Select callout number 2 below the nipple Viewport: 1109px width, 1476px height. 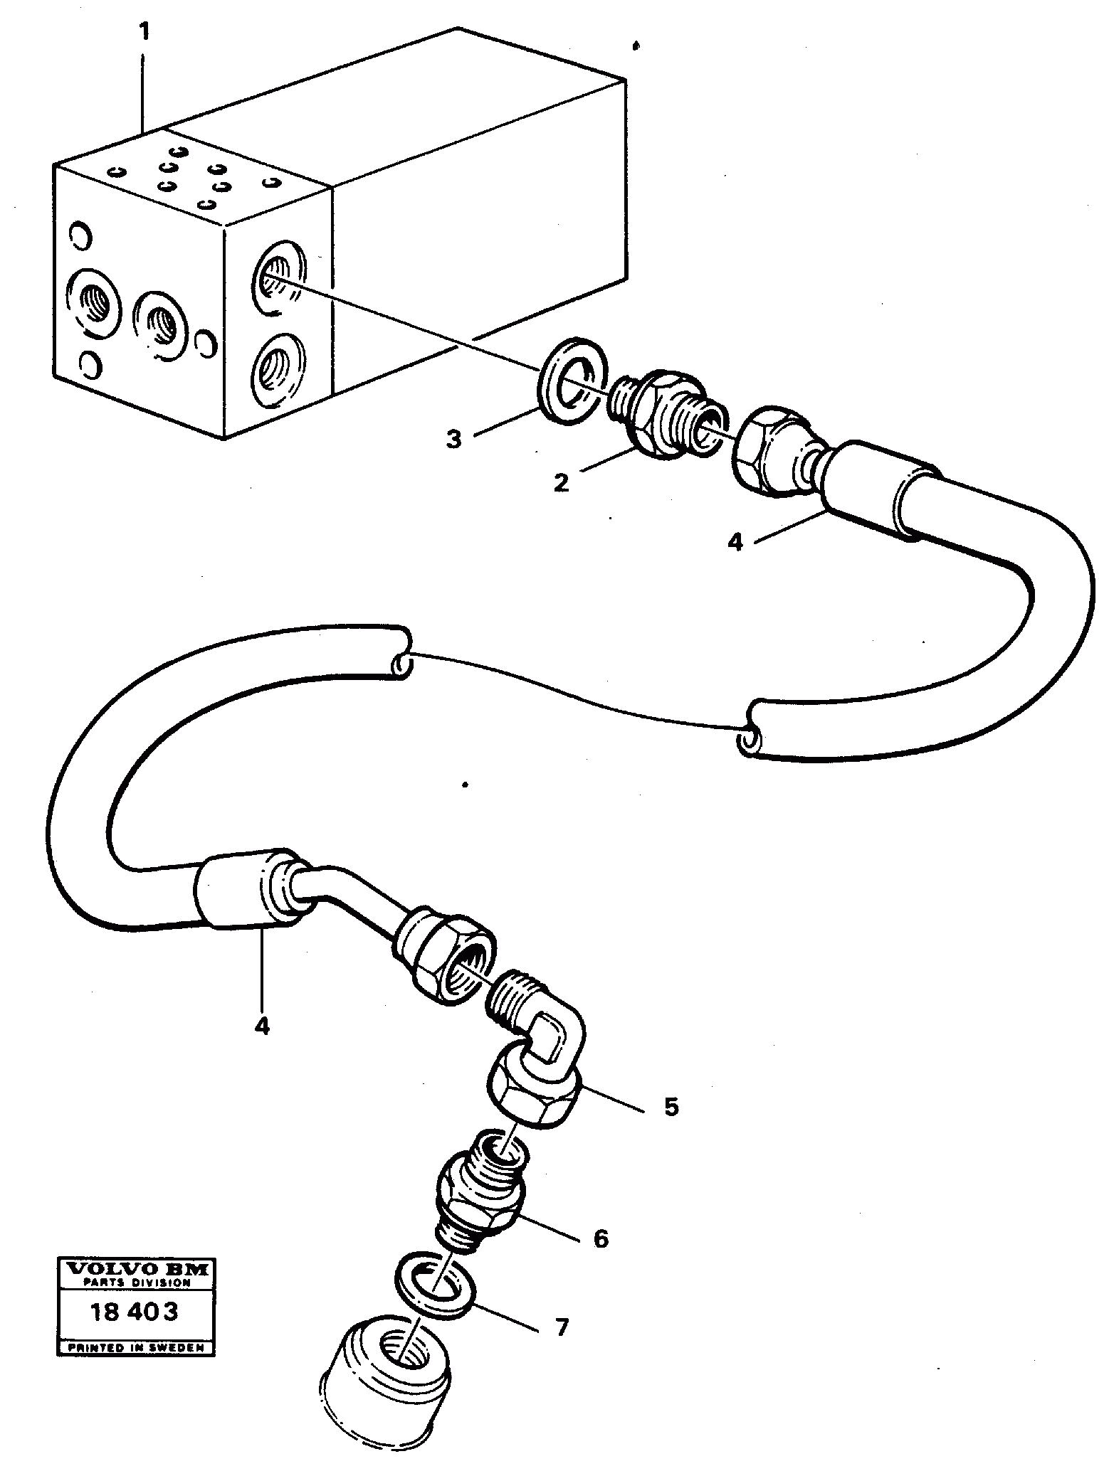click(x=561, y=483)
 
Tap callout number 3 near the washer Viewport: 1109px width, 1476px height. click(x=453, y=439)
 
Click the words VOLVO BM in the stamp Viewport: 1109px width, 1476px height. click(x=135, y=1268)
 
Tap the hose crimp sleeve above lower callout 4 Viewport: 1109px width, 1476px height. click(x=246, y=889)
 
